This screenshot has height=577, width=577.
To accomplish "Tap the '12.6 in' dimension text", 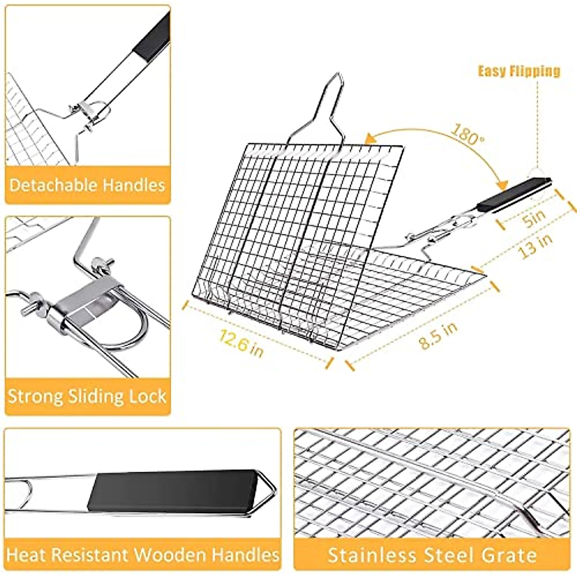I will point(241,341).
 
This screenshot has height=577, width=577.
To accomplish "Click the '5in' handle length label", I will point(534,219).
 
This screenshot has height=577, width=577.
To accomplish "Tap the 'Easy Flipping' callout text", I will point(519,71).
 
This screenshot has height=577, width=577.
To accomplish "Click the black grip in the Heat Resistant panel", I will point(171,490).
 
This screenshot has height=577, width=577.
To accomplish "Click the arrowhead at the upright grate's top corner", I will point(369,139).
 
